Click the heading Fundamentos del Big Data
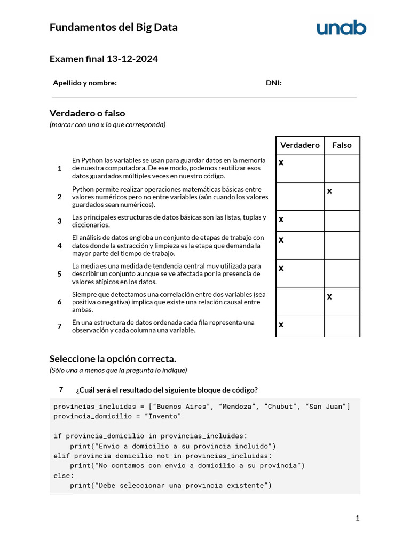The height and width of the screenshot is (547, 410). (x=113, y=27)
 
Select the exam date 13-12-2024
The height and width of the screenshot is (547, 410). (x=132, y=59)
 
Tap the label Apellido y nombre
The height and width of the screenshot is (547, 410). (x=85, y=83)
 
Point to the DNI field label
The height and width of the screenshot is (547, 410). (x=274, y=83)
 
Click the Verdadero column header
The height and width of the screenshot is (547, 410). (x=300, y=145)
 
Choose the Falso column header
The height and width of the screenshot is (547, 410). (x=342, y=145)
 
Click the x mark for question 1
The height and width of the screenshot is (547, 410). (x=281, y=162)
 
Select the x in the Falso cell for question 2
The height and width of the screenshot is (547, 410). (x=329, y=191)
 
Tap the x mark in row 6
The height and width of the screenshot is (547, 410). (x=329, y=296)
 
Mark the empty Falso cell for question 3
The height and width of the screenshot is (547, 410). (x=342, y=221)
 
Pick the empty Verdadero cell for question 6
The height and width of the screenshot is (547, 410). (x=300, y=302)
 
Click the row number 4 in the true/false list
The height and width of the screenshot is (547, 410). (x=59, y=246)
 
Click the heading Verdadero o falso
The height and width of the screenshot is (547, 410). (x=87, y=113)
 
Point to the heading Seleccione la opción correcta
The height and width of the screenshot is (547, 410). (x=113, y=358)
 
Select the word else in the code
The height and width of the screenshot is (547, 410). (x=64, y=475)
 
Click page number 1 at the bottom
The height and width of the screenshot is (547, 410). (x=358, y=518)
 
